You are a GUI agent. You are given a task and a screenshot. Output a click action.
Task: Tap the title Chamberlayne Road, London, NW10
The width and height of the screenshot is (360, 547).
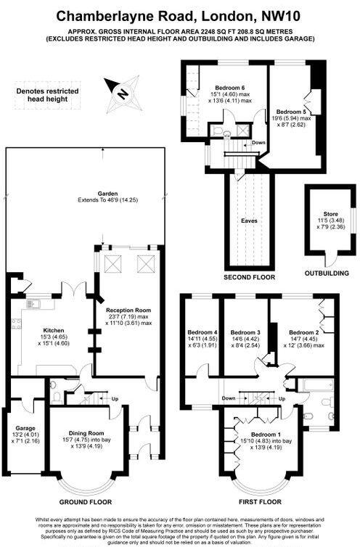(180, 15)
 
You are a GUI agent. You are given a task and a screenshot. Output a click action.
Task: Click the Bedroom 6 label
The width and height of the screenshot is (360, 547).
(231, 88)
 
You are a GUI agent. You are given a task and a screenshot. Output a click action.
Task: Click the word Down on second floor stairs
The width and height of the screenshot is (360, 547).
(260, 143)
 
